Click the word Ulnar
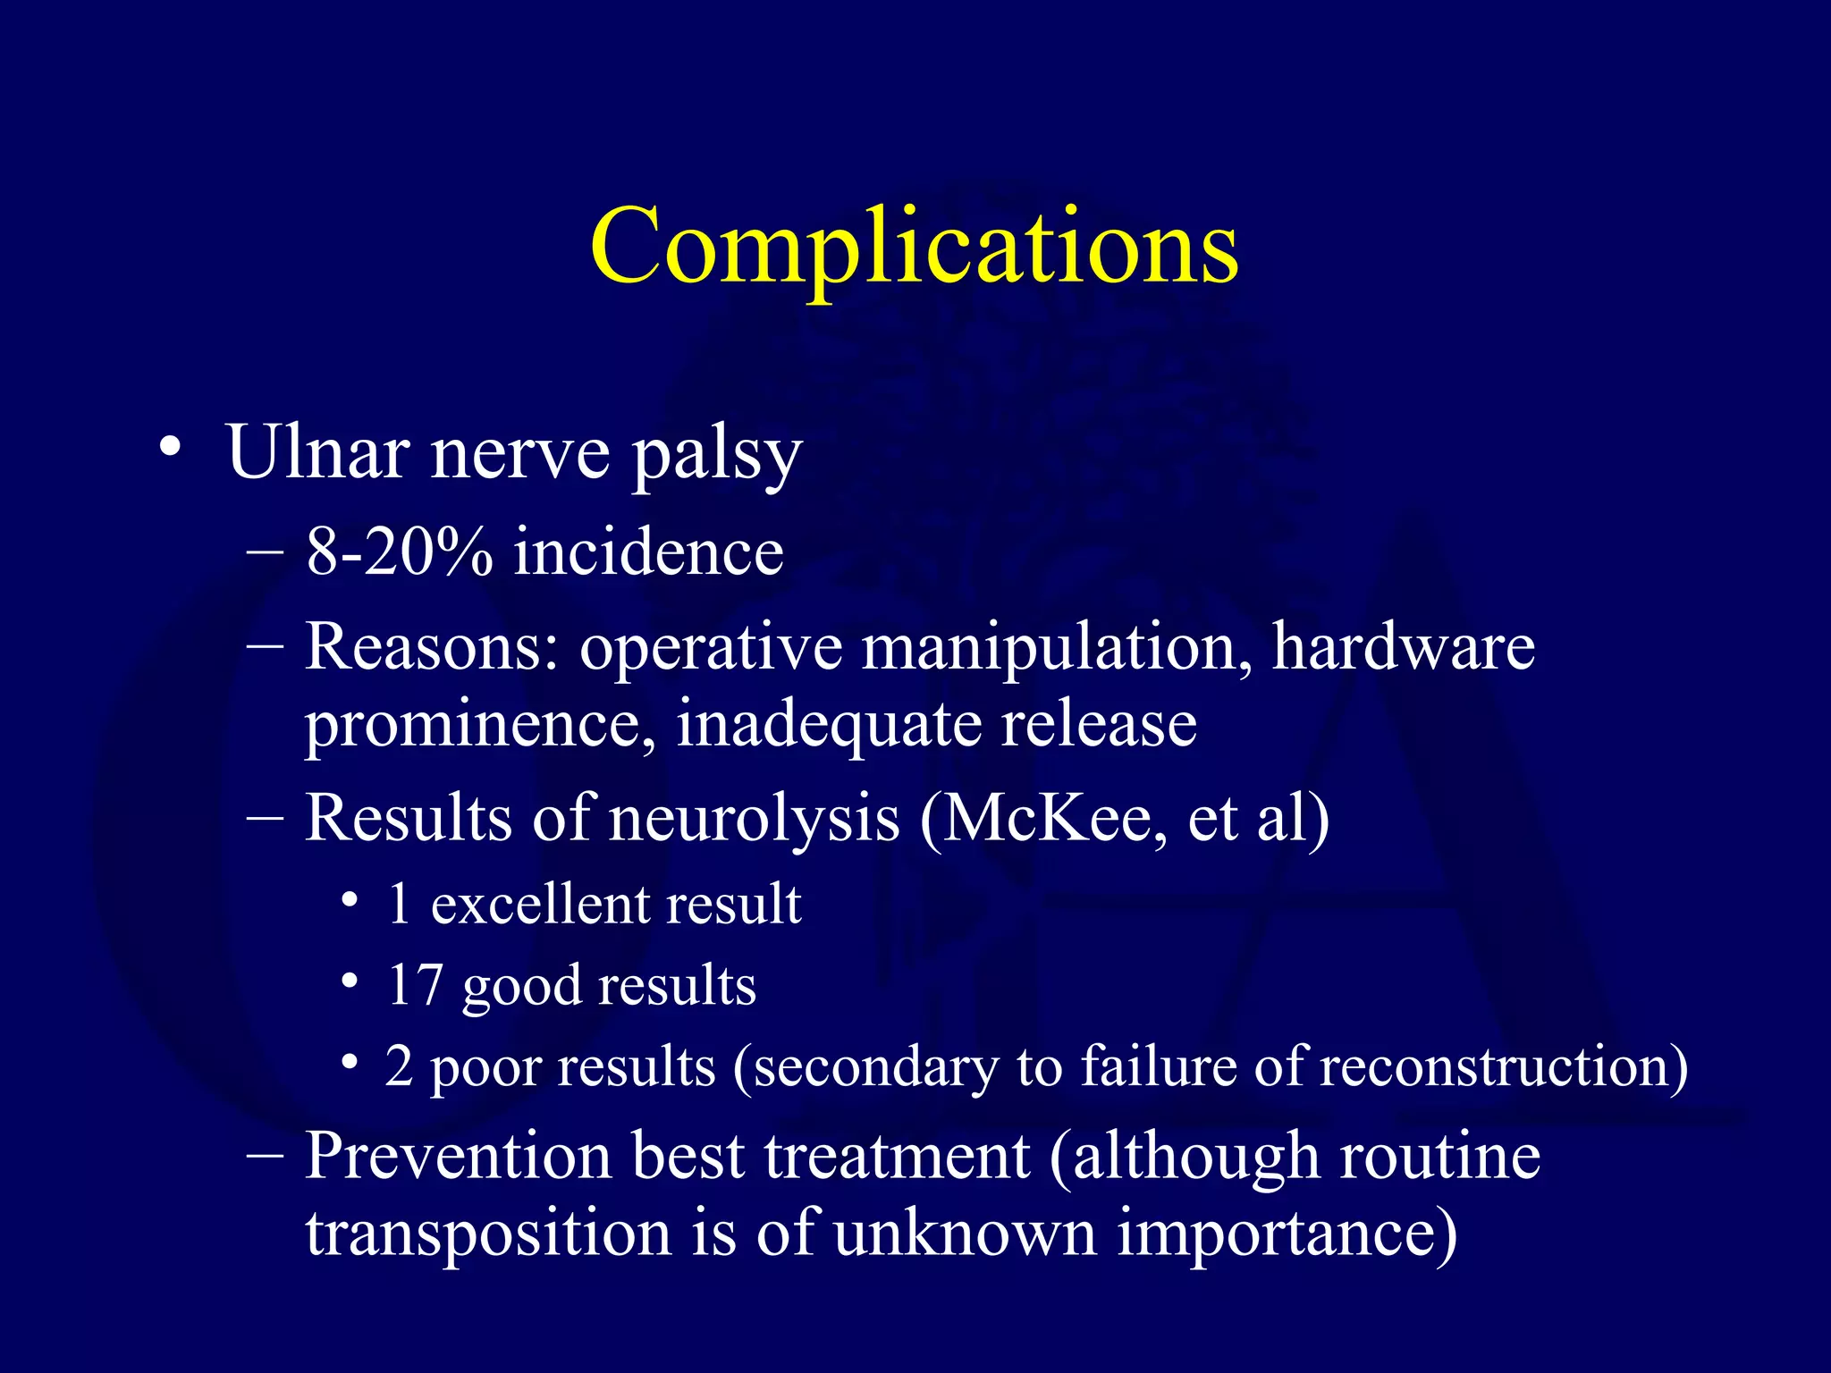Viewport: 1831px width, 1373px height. (x=317, y=452)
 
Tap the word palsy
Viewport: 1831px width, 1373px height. (x=716, y=456)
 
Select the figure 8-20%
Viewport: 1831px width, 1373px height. (x=399, y=552)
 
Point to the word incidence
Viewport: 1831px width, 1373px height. (x=648, y=552)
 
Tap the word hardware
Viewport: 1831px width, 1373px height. (x=1403, y=646)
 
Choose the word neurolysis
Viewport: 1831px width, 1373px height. (x=754, y=818)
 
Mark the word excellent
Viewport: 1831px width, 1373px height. (x=539, y=904)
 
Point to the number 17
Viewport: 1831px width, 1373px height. (x=415, y=985)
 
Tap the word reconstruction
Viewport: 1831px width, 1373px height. (x=1502, y=1066)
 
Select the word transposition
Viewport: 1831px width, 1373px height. (x=488, y=1234)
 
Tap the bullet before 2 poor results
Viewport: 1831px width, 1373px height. (x=350, y=1062)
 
